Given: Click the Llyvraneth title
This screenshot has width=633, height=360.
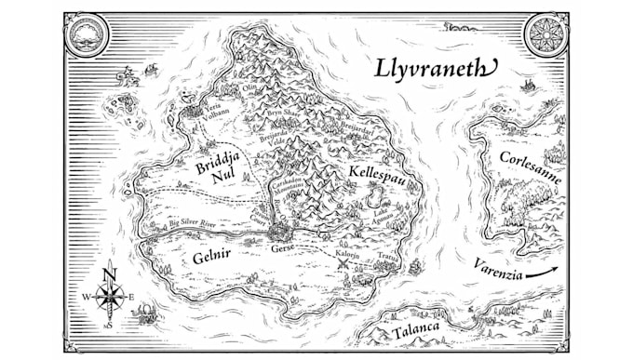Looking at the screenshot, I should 437,68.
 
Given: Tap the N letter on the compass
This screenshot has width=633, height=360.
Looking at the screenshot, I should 110,272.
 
